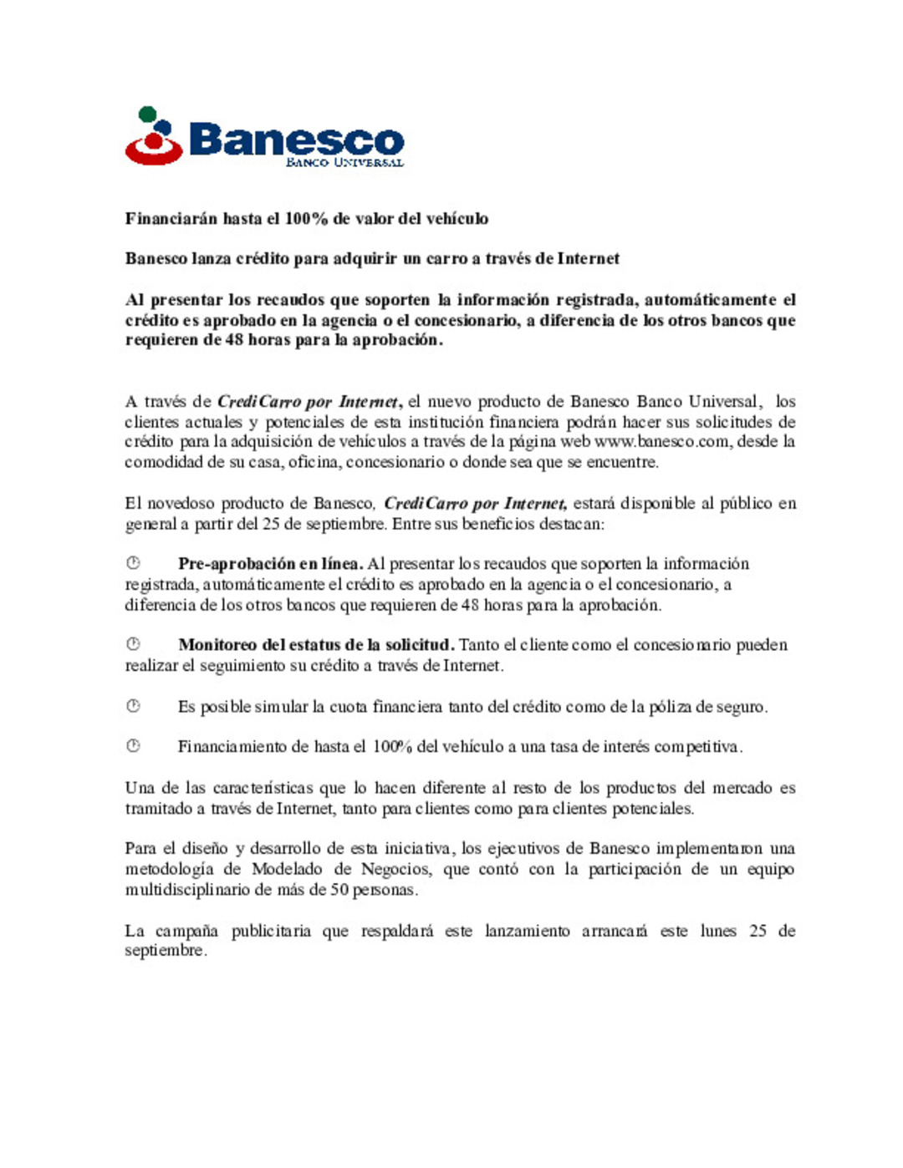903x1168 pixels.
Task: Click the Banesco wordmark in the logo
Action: tap(296, 140)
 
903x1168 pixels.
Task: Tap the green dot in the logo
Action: tap(147, 114)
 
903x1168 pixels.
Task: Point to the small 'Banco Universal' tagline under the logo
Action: tap(344, 162)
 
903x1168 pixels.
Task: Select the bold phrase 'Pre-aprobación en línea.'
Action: tap(270, 564)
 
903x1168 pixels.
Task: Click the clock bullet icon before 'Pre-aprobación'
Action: tap(133, 563)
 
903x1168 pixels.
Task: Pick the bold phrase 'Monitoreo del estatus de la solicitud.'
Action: tap(316, 645)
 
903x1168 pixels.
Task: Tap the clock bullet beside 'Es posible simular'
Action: tap(133, 706)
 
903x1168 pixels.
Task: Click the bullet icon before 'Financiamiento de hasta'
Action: tap(133, 745)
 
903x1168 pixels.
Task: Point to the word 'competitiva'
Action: tap(697, 747)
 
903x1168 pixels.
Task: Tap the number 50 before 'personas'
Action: tap(339, 890)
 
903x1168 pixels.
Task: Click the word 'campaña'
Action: tap(186, 932)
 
